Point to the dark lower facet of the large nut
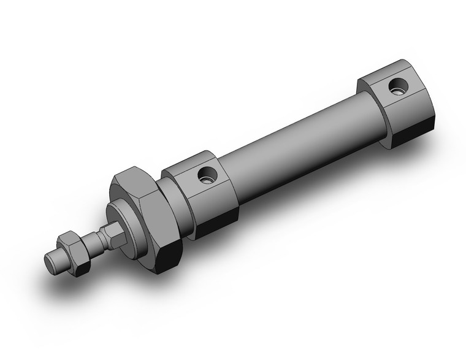[x=166, y=258]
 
